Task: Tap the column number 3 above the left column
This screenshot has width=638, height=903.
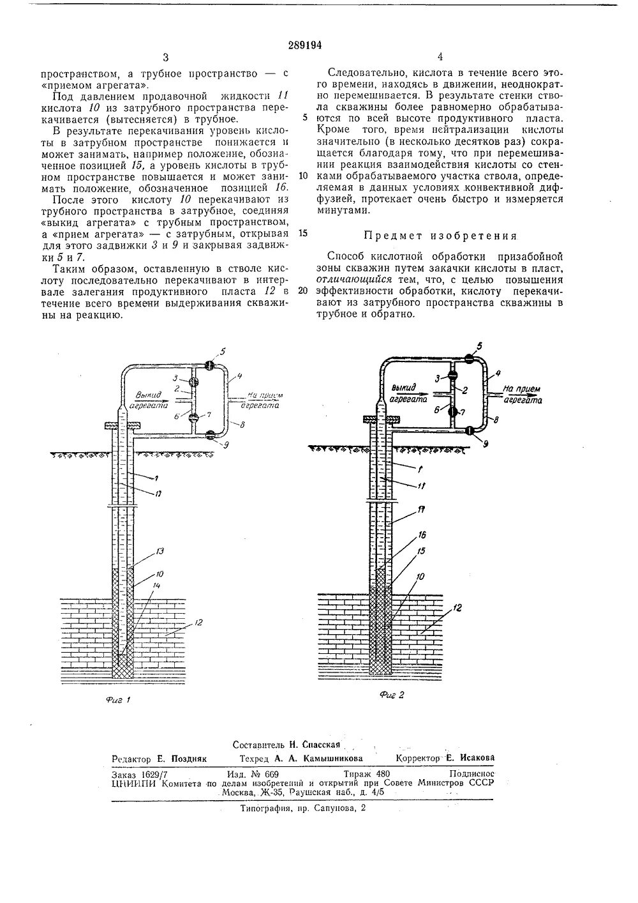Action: point(166,57)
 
